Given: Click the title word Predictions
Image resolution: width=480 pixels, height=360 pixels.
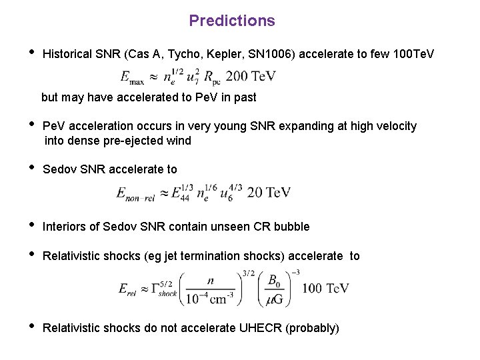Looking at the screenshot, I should (x=231, y=21).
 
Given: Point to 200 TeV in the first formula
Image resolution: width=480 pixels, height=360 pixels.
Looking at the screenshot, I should (x=251, y=77).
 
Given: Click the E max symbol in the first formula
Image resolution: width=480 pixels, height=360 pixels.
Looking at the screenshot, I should (x=132, y=77).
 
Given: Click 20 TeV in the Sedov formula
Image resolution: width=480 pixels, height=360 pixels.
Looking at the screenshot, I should (x=269, y=193).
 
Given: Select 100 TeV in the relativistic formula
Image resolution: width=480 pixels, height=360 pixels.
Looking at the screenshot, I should (x=325, y=288).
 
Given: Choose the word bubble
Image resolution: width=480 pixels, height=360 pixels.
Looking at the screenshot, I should (x=291, y=227).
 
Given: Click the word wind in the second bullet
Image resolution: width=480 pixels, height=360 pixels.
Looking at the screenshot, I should (x=179, y=141).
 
